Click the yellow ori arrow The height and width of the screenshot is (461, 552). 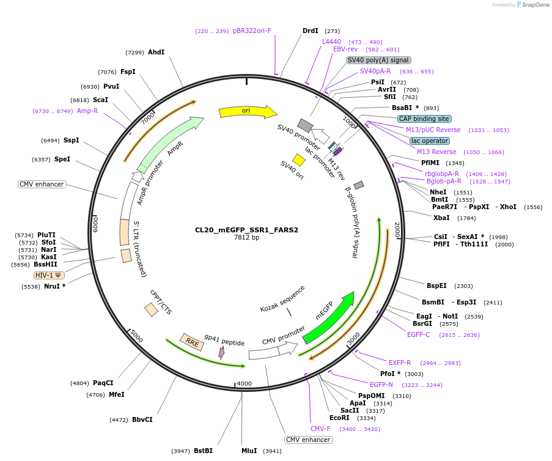247,111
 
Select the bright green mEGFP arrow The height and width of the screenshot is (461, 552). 330,318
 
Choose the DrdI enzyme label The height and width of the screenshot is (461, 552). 311,31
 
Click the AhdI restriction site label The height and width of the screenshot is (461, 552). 156,53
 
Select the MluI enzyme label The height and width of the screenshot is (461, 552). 249,451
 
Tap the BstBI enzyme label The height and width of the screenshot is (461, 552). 203,451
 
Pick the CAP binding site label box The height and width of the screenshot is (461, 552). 424,119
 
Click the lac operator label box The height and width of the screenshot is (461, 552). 430,141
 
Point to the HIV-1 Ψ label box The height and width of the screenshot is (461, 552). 49,275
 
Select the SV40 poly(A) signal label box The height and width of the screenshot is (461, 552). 378,60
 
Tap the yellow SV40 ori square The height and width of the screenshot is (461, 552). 299,160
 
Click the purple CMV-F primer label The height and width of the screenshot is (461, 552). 320,429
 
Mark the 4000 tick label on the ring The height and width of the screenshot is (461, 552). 244,383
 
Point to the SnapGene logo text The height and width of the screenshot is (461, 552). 535,5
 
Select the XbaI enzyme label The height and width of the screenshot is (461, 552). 441,218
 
